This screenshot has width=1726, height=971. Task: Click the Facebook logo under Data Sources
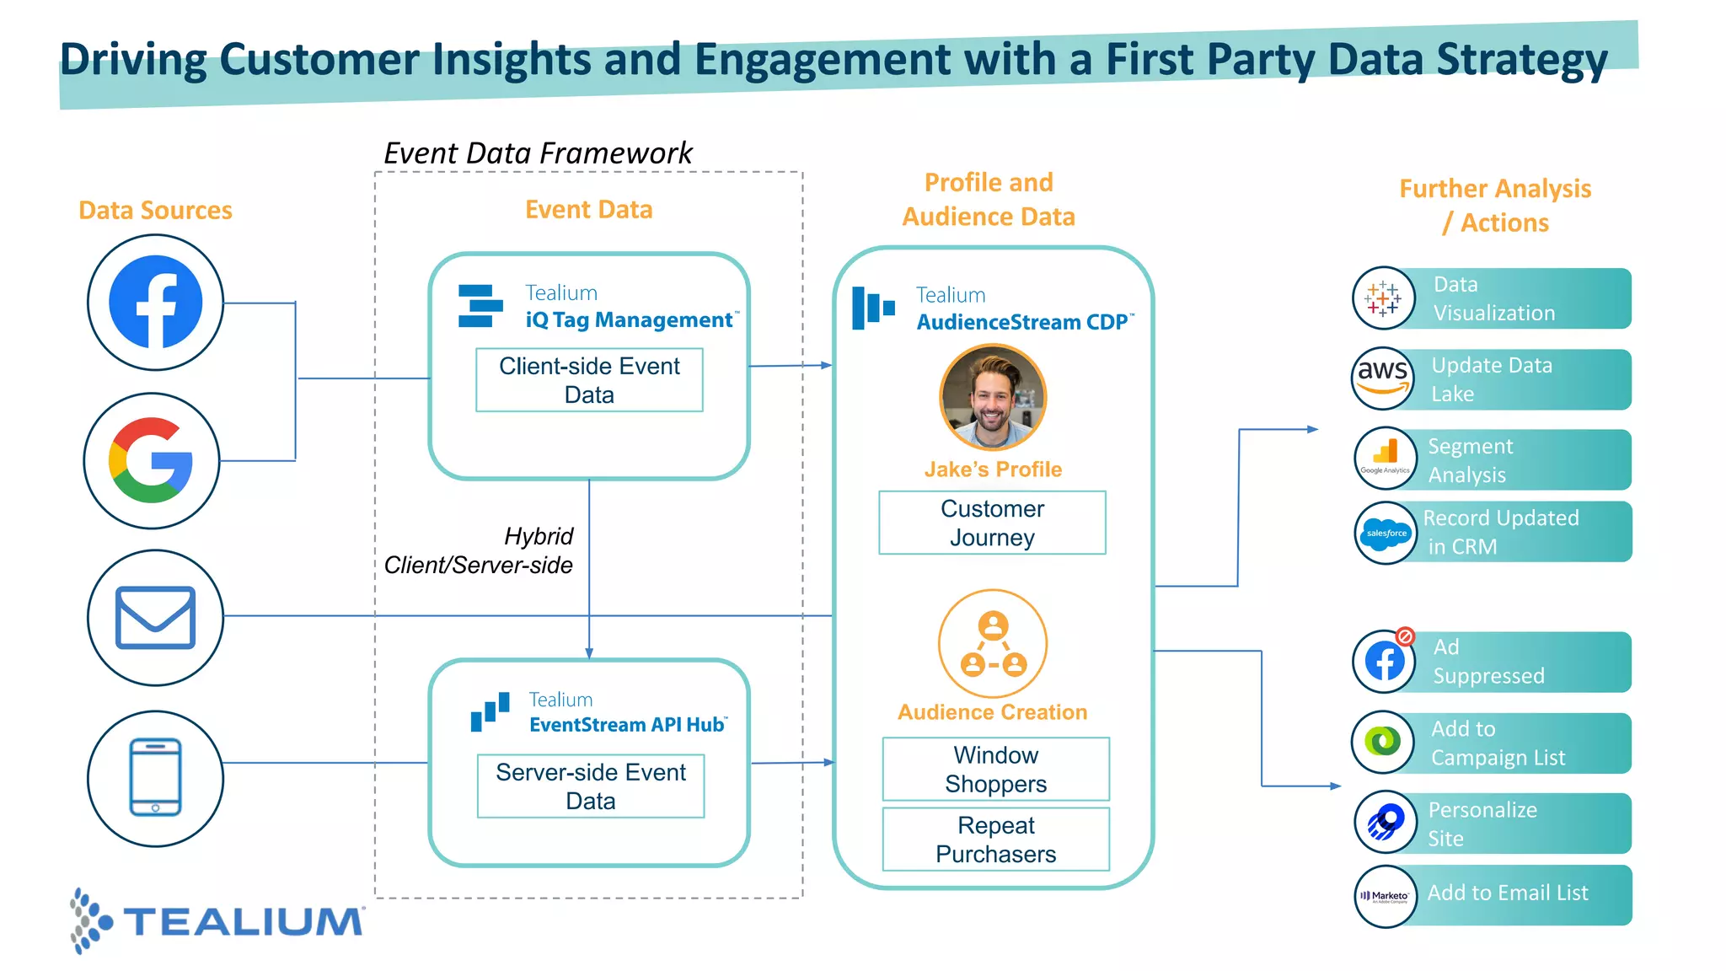click(156, 302)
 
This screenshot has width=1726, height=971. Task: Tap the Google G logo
click(152, 460)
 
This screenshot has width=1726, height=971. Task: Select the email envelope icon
click(155, 618)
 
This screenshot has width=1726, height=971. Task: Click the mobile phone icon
click(155, 777)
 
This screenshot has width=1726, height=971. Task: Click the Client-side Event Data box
click(589, 380)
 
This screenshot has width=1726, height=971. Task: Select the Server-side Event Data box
click(591, 786)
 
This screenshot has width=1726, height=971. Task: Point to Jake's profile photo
click(993, 397)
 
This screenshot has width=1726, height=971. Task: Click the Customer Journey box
click(992, 523)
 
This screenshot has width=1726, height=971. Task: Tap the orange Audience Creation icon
click(993, 644)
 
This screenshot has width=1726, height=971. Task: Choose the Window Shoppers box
click(995, 769)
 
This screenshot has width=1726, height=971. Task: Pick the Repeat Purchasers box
click(995, 840)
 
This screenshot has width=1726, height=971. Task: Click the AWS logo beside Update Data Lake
click(1383, 378)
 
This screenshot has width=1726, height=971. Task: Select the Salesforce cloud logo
click(1386, 533)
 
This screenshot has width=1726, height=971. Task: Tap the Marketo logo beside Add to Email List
click(1386, 896)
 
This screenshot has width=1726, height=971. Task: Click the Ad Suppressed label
click(1488, 662)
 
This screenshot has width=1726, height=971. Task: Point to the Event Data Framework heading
click(538, 153)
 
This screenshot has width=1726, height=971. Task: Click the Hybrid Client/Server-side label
click(479, 550)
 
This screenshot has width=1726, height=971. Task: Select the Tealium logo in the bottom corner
click(217, 920)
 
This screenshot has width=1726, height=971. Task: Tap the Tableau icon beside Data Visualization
click(1383, 298)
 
